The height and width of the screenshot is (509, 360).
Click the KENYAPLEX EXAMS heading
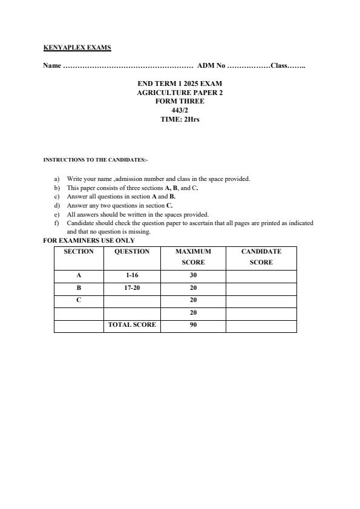77,47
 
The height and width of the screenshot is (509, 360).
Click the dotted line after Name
128,65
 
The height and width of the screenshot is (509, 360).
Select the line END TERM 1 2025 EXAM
180,83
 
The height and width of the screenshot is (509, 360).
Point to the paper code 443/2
180,110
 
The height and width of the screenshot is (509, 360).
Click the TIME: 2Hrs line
180,119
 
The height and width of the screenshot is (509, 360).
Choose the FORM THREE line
180,101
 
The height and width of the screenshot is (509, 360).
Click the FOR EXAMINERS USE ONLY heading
89,240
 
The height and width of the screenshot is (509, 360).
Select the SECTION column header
79,251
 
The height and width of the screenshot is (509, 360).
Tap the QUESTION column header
132,251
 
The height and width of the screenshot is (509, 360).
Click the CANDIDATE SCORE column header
261,257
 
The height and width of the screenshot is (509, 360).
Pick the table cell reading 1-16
132,275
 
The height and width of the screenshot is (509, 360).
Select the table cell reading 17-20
132,288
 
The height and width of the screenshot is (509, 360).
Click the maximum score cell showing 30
193,275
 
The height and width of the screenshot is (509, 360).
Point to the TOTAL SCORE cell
132,325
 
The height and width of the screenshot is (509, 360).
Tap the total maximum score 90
193,325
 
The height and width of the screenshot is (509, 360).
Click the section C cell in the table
79,300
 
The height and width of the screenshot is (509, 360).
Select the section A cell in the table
79,275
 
